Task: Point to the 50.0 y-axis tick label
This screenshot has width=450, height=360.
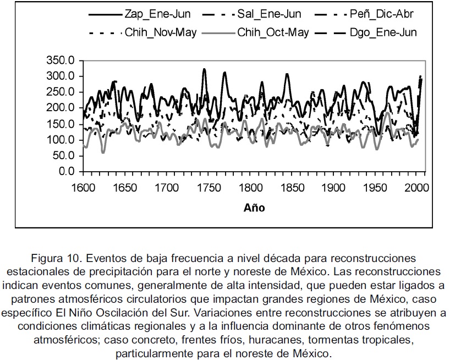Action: (x=63, y=156)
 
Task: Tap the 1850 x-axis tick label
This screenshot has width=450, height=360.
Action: (x=292, y=188)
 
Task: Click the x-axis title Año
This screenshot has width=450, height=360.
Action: (x=254, y=208)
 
